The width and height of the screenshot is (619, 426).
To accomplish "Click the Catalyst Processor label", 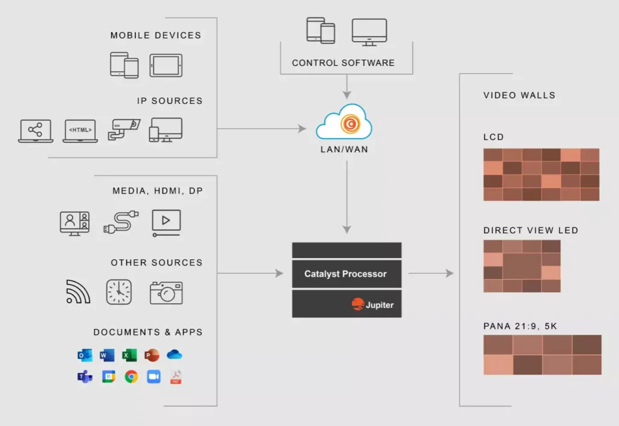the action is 345,274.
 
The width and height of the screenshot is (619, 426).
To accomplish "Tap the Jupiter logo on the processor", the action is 372,305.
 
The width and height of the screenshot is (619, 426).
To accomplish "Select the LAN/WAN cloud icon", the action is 344,121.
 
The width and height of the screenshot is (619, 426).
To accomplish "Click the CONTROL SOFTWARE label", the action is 343,63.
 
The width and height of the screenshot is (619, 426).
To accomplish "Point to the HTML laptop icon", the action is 80,131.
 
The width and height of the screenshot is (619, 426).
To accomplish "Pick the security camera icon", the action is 124,129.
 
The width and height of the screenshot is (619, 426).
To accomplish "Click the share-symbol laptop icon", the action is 36,131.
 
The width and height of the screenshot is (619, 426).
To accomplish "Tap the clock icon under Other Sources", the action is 119,292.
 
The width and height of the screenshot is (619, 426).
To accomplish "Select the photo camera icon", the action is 166,292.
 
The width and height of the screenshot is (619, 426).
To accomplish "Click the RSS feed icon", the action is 78,292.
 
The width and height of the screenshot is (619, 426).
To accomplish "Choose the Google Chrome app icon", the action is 131,376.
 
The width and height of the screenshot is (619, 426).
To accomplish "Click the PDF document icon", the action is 176,376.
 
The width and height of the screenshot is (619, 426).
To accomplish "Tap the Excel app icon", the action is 129,355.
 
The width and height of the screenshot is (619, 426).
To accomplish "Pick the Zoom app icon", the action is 154,376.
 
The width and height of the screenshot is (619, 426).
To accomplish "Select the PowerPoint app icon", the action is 152,355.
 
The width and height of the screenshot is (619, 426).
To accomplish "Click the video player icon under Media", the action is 166,223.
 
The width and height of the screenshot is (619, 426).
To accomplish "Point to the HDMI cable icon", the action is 121,222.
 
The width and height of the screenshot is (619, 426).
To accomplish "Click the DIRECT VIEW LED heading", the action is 531,230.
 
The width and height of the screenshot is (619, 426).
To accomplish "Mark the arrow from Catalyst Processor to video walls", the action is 430,273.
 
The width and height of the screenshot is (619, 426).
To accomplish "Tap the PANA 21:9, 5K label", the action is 520,326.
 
